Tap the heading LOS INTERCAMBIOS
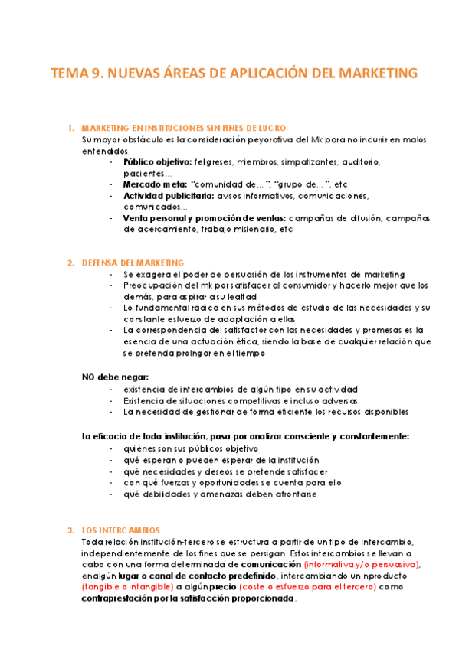[x=120, y=530]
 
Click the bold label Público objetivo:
[x=157, y=162]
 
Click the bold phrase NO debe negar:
[x=115, y=377]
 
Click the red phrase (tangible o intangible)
[x=127, y=587]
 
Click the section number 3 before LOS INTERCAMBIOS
[x=70, y=530]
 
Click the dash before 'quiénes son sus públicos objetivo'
[x=113, y=448]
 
